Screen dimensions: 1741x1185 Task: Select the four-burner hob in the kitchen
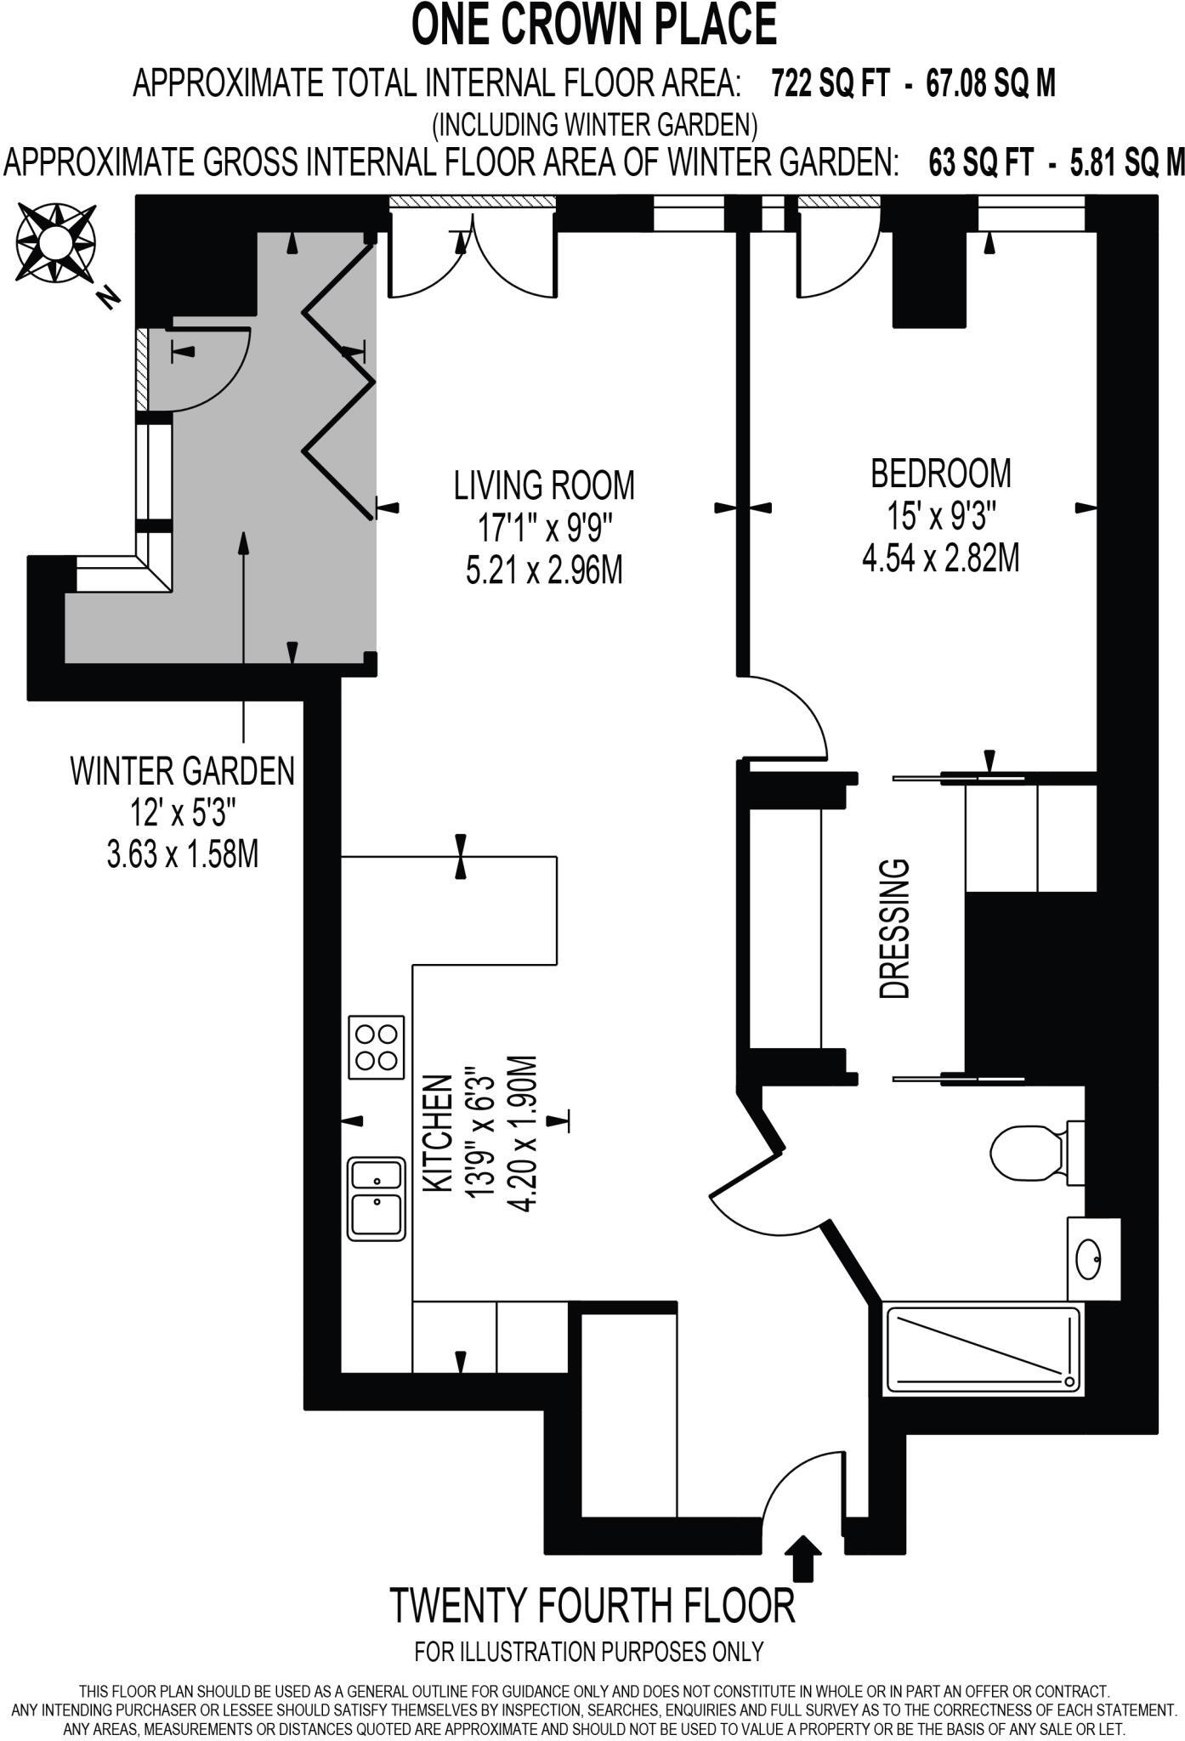[x=376, y=1047]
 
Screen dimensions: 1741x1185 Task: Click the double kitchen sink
[x=376, y=1198]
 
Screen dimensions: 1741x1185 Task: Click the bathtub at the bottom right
[x=983, y=1349]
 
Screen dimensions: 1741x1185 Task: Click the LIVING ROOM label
[x=544, y=485]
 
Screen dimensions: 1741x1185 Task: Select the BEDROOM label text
[x=941, y=474]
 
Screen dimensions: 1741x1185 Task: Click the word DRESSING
[x=894, y=928]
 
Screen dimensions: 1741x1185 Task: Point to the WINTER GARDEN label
[x=183, y=772]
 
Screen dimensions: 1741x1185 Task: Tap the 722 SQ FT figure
[x=831, y=84]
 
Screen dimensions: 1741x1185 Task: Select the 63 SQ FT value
[x=980, y=162]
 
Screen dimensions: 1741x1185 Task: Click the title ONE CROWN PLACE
[x=593, y=26]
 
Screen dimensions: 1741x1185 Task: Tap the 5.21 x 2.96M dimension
[x=544, y=570]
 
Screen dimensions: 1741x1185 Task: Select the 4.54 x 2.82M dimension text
[x=941, y=559]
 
